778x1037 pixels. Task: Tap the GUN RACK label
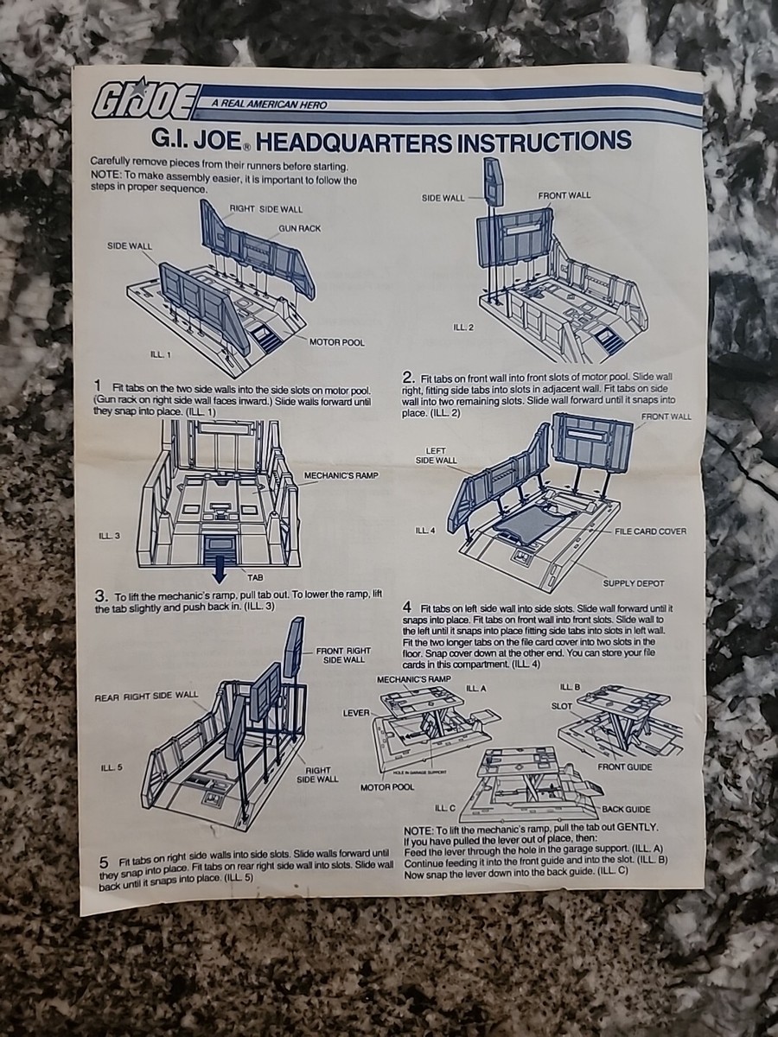[299, 229]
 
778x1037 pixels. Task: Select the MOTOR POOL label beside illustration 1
[337, 342]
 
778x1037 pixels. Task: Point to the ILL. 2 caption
[463, 327]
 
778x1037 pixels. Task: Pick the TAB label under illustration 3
[255, 577]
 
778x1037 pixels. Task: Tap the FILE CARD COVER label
[650, 531]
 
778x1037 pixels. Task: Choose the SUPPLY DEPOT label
[634, 583]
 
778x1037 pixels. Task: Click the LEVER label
[356, 712]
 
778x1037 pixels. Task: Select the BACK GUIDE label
[626, 809]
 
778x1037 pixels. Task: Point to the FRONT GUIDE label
[624, 767]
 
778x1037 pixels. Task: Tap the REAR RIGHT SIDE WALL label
[146, 696]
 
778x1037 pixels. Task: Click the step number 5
[104, 862]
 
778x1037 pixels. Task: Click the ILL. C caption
[445, 808]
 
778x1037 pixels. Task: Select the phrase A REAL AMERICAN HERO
[269, 105]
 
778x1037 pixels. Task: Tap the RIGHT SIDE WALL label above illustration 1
[266, 209]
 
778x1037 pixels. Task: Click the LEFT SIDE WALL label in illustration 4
[436, 455]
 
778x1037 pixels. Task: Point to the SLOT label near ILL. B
[562, 706]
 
